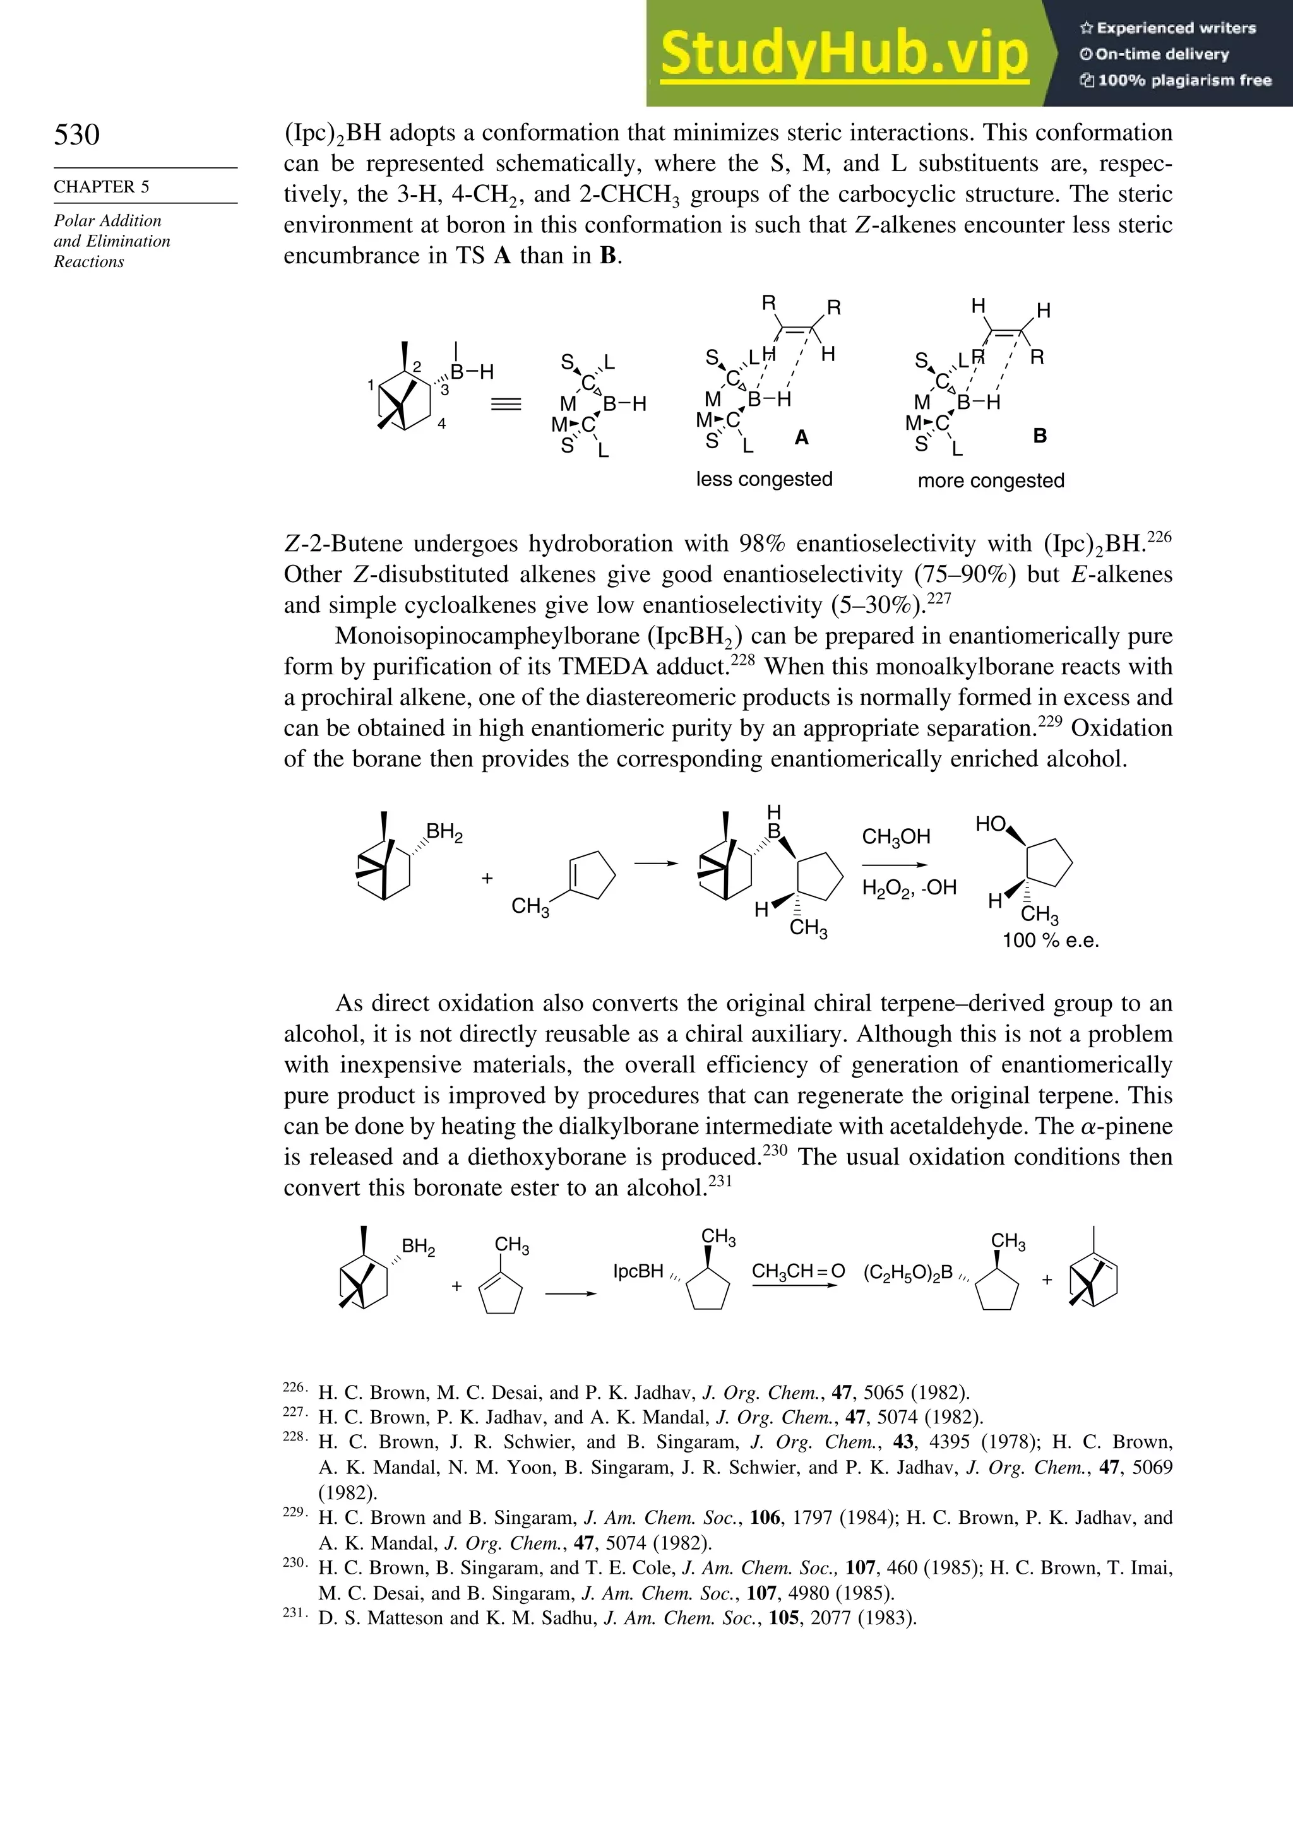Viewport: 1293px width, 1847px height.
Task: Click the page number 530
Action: (x=76, y=134)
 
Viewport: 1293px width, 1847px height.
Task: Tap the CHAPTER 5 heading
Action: (x=102, y=187)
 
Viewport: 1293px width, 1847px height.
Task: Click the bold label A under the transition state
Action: (x=801, y=437)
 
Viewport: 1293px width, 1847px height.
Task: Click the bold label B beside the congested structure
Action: (x=1040, y=436)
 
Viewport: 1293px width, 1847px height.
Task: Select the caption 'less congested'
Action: (x=763, y=480)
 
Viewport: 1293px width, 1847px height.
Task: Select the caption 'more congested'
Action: (x=991, y=481)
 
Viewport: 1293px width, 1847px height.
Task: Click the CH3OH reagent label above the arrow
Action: (x=895, y=838)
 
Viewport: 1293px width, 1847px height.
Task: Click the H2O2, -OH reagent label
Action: (x=909, y=888)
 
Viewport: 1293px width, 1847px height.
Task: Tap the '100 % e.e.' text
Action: (x=1050, y=941)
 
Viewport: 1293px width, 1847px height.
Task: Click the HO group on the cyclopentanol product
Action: (x=991, y=824)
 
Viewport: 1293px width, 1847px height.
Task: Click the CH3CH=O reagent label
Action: (x=797, y=1271)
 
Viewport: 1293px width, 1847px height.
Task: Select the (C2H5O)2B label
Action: (x=908, y=1273)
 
